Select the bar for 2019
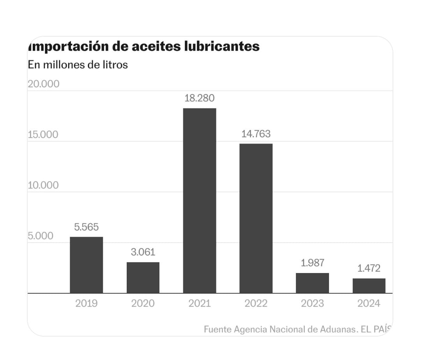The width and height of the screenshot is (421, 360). point(86,265)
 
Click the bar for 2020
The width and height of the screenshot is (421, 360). point(143,277)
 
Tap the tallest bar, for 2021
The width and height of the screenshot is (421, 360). point(200,200)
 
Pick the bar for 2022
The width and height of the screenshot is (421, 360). point(256,218)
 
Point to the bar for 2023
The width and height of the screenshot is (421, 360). point(312,283)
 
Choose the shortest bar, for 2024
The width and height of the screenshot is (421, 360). point(369,286)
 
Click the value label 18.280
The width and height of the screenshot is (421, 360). point(200,98)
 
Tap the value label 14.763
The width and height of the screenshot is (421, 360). point(256,134)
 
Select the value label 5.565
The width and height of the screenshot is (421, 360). point(86,227)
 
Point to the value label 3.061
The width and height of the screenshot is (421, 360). point(143,252)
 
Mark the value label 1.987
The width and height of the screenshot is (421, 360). point(312,263)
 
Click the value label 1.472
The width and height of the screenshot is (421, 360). point(369,268)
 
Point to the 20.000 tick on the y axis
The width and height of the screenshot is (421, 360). point(43,84)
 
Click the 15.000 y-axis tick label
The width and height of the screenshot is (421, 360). point(43,135)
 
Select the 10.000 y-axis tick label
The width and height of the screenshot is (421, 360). point(43,185)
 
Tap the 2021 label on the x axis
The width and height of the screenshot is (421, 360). point(200,303)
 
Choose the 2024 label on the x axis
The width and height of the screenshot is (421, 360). point(369,303)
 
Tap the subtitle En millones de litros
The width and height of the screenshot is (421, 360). point(78,65)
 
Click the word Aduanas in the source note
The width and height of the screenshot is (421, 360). point(337,329)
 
